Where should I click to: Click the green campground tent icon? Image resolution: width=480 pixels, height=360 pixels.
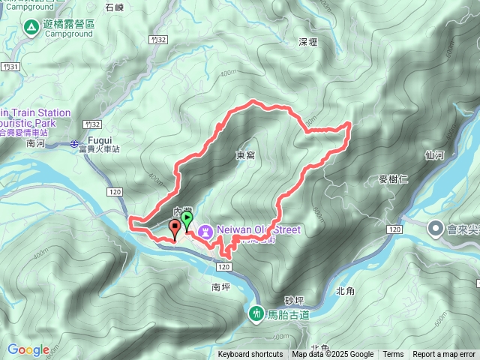[31, 28]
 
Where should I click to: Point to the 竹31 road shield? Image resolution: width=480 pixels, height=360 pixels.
[9, 67]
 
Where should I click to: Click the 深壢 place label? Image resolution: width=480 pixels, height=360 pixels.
[309, 42]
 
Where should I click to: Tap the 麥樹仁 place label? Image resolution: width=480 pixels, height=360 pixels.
[393, 180]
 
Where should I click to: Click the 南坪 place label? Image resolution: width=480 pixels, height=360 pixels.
[220, 287]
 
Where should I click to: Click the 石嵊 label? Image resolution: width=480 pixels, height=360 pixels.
[115, 7]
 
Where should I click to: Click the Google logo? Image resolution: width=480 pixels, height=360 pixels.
[28, 349]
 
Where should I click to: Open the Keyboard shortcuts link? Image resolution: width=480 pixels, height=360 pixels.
[250, 355]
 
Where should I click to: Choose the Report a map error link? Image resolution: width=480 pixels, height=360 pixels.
[444, 355]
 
